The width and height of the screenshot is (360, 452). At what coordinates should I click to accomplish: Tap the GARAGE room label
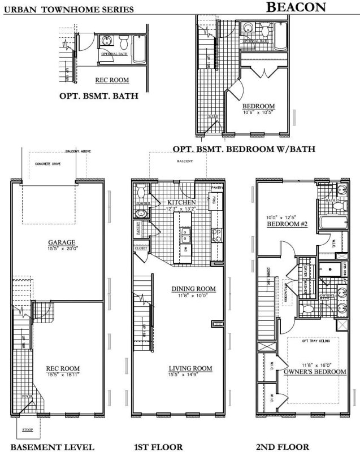(x=58, y=244)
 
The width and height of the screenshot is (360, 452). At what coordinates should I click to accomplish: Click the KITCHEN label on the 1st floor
(x=181, y=202)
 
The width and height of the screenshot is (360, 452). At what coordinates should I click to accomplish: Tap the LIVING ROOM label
(x=190, y=369)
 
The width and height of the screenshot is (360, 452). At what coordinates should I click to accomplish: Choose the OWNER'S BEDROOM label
(x=315, y=372)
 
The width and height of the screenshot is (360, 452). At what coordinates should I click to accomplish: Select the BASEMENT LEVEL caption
(x=53, y=447)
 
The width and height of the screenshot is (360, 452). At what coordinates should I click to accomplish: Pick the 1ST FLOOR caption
(x=159, y=447)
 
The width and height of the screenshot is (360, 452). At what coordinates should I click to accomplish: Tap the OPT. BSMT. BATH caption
(x=99, y=97)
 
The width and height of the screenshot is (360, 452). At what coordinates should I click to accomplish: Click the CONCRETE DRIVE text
(x=47, y=163)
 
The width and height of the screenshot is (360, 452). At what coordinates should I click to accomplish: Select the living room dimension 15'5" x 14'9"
(x=190, y=376)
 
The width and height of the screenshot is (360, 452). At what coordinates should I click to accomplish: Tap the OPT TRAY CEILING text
(x=315, y=340)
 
